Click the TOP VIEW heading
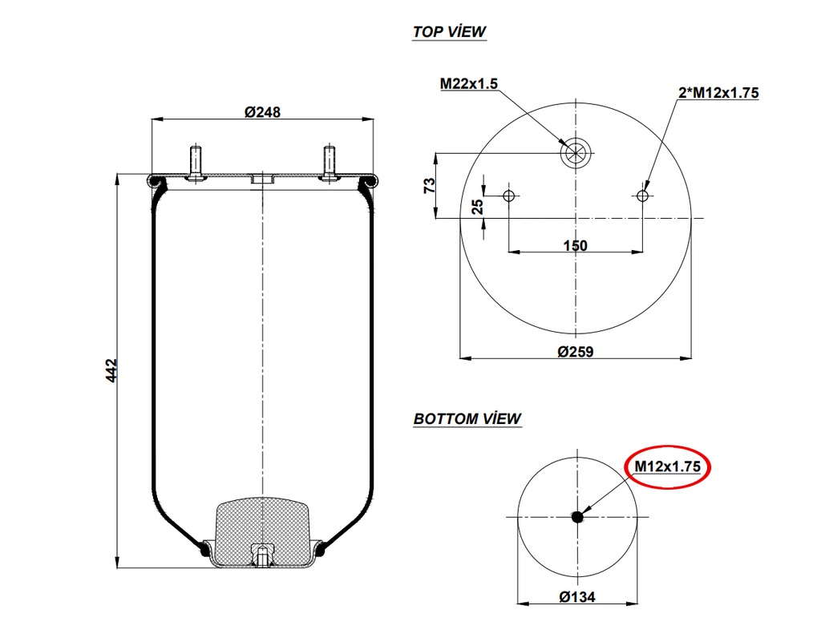coord(449,32)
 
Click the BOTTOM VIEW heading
coord(467,418)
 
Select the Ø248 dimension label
coord(262,112)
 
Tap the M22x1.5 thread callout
coord(469,83)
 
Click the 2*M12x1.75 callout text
coord(718,93)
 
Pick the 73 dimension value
coord(430,184)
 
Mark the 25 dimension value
coord(478,207)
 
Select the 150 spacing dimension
coord(575,245)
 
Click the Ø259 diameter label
coord(575,351)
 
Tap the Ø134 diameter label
coord(576,596)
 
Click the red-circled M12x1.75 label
coord(668,466)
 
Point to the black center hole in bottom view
coord(577,517)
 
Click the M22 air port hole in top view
coord(575,152)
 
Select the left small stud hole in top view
coord(508,196)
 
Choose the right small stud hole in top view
coord(642,196)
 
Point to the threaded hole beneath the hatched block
coord(262,554)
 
